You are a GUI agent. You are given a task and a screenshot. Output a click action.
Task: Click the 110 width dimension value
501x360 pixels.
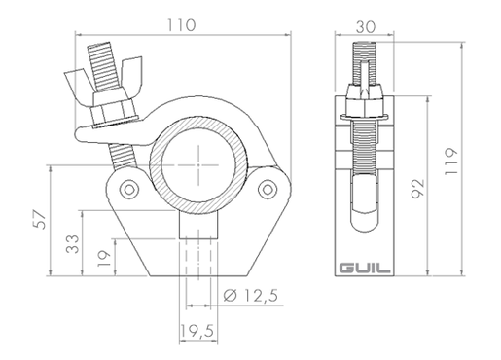(x=181, y=25)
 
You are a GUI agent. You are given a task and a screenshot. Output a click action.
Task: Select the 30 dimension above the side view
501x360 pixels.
(x=366, y=27)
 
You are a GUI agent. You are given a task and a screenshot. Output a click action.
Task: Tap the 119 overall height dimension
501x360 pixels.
(x=450, y=162)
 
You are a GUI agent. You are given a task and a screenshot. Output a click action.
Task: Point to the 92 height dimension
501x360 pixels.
(x=417, y=189)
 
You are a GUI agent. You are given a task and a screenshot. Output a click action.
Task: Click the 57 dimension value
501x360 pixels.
(x=40, y=220)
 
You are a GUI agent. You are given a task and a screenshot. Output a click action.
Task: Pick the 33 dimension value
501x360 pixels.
(x=72, y=244)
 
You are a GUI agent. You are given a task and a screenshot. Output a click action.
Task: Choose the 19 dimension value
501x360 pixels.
(x=104, y=259)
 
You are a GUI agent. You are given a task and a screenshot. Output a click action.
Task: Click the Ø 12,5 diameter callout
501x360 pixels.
(x=251, y=295)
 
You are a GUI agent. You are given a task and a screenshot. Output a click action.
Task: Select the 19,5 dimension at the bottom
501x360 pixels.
(x=197, y=331)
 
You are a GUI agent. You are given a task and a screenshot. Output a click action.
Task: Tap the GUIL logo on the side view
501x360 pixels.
(x=365, y=269)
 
